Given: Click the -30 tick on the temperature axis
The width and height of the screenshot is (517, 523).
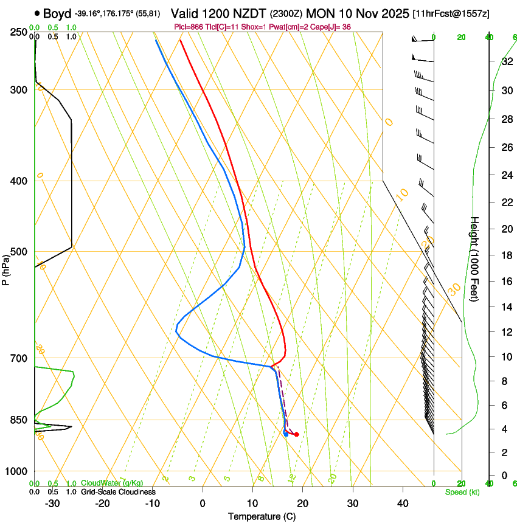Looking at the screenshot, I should [x=52, y=503].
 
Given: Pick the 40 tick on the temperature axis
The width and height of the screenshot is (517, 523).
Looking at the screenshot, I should [x=403, y=503].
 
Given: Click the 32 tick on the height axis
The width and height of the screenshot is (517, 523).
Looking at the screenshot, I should [x=506, y=61].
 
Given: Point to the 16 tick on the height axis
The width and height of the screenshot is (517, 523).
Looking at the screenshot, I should [x=506, y=282].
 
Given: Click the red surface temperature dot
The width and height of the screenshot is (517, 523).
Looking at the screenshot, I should [x=296, y=434].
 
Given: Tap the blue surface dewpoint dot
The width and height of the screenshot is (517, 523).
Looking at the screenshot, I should [x=286, y=434].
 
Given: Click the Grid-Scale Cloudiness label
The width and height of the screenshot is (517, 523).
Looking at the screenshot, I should [x=118, y=491].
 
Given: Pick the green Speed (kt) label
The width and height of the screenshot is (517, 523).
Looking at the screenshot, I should [x=462, y=491].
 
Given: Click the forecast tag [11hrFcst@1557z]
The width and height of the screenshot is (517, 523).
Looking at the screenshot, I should [x=451, y=13].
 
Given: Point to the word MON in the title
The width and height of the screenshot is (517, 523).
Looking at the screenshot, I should [x=321, y=13].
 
